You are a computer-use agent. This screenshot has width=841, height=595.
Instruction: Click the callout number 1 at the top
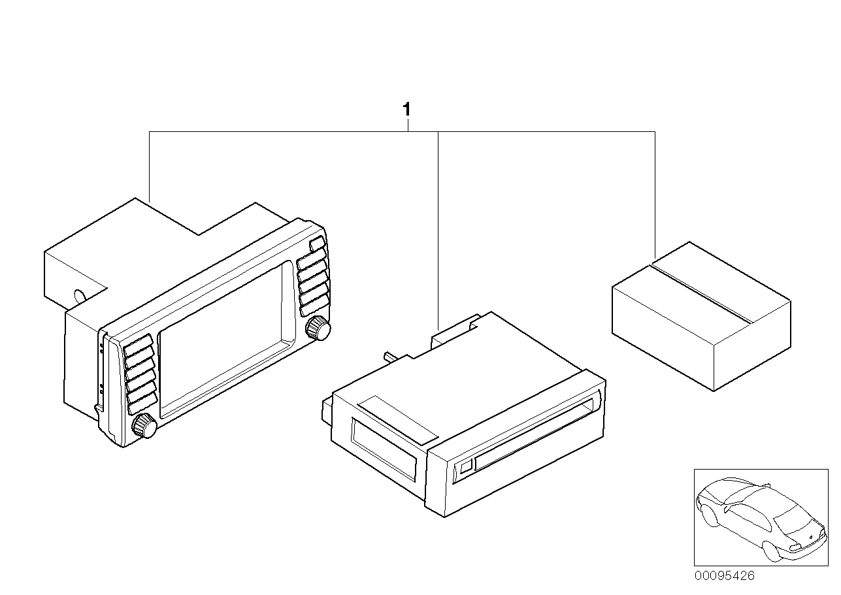click(x=406, y=110)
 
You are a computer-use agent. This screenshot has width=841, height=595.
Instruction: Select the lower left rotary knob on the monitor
click(x=144, y=427)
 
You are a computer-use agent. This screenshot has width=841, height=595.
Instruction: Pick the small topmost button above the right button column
click(x=316, y=244)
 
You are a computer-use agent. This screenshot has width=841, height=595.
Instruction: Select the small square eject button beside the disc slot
click(x=466, y=467)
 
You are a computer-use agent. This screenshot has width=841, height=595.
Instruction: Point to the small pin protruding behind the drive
click(x=390, y=356)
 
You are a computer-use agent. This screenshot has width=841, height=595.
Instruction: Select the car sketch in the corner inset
click(x=758, y=516)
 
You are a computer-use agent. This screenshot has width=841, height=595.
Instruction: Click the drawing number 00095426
click(x=723, y=576)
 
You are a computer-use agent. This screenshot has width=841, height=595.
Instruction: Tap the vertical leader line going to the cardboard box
click(x=655, y=196)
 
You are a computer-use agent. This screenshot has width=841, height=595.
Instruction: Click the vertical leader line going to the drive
click(x=437, y=229)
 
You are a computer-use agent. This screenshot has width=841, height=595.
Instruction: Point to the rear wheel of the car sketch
click(x=772, y=553)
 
